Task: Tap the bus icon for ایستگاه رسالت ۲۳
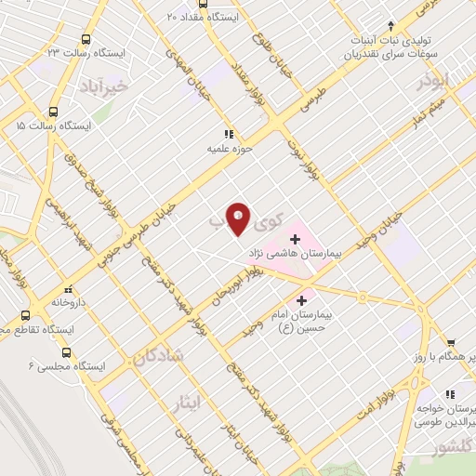[86, 39]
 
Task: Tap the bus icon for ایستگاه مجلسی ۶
[65, 352]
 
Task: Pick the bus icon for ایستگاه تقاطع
[24, 315]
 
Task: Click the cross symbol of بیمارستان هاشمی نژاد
[296, 239]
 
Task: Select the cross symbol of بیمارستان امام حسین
[300, 300]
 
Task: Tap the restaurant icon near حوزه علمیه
[228, 134]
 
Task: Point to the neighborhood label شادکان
[159, 356]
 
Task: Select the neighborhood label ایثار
[187, 403]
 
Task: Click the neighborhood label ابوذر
[433, 82]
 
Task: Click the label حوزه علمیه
[231, 148]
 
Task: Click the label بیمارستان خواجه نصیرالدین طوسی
[446, 415]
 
